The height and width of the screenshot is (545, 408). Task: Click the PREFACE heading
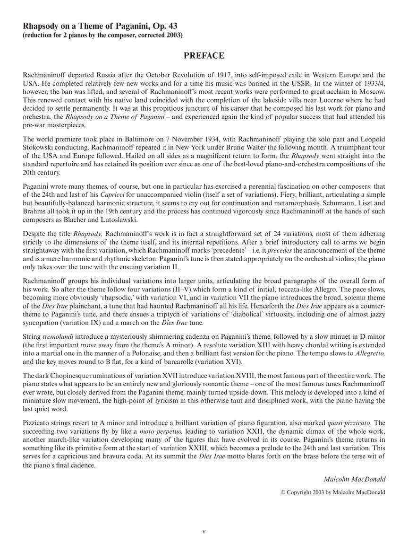[204, 56]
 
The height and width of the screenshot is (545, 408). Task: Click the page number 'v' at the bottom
[204, 532]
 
